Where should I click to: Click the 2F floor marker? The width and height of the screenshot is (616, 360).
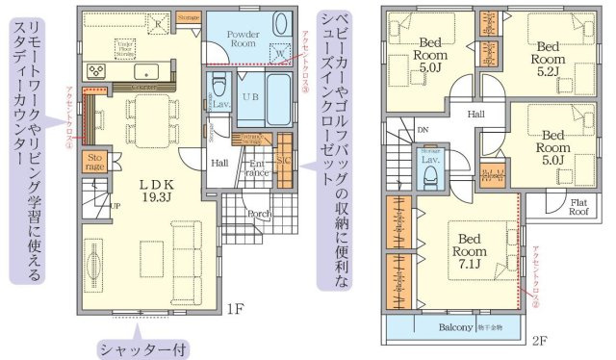point(539,340)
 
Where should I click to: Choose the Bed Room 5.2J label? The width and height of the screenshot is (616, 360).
point(549,52)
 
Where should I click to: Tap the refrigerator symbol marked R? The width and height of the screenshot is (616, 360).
point(160,20)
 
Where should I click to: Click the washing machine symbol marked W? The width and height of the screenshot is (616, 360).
point(279,55)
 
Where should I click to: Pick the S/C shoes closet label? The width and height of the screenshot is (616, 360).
point(285,160)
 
